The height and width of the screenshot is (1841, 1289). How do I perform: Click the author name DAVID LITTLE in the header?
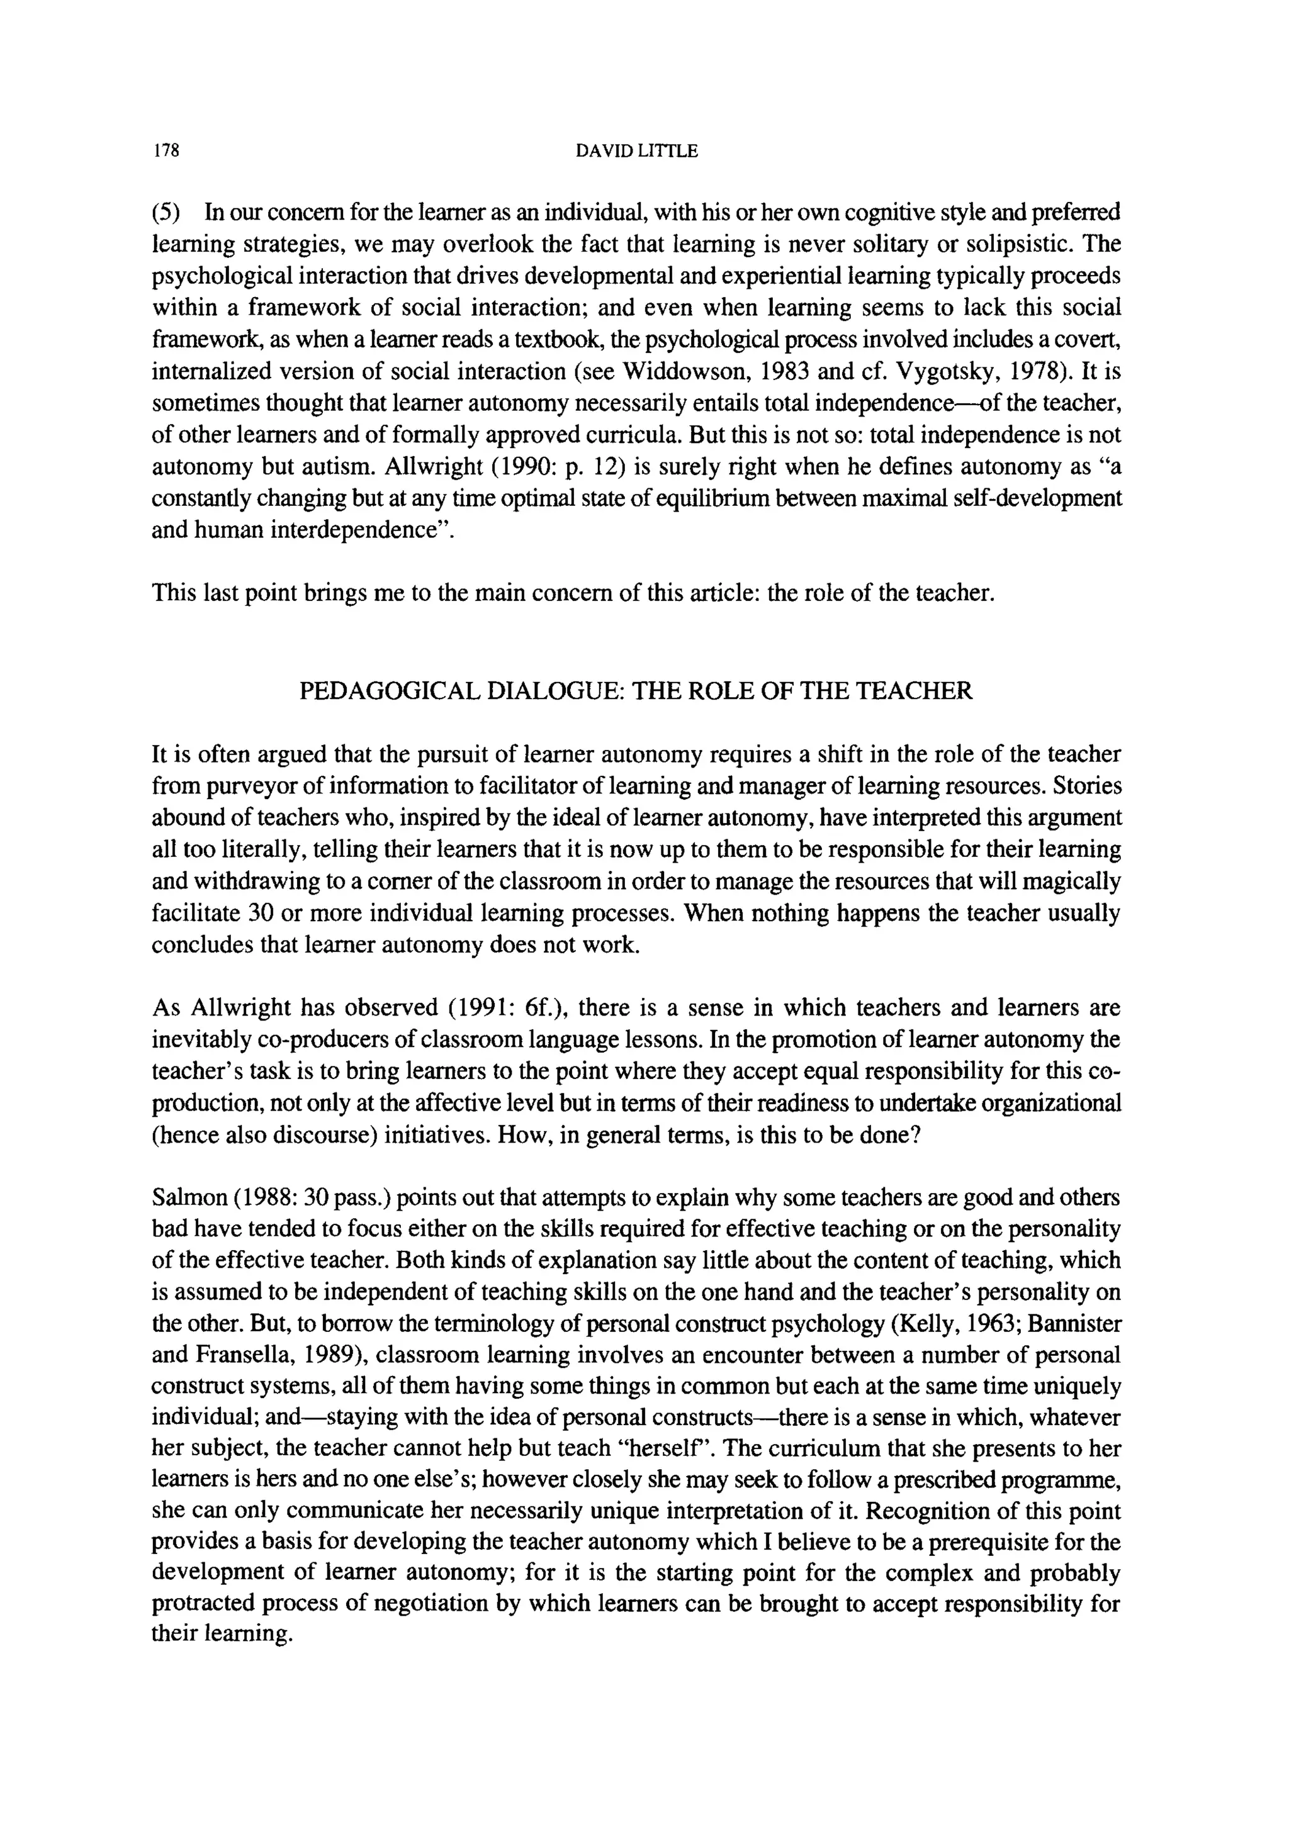coord(637,151)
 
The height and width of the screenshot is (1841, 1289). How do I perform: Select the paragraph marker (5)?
coord(167,213)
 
